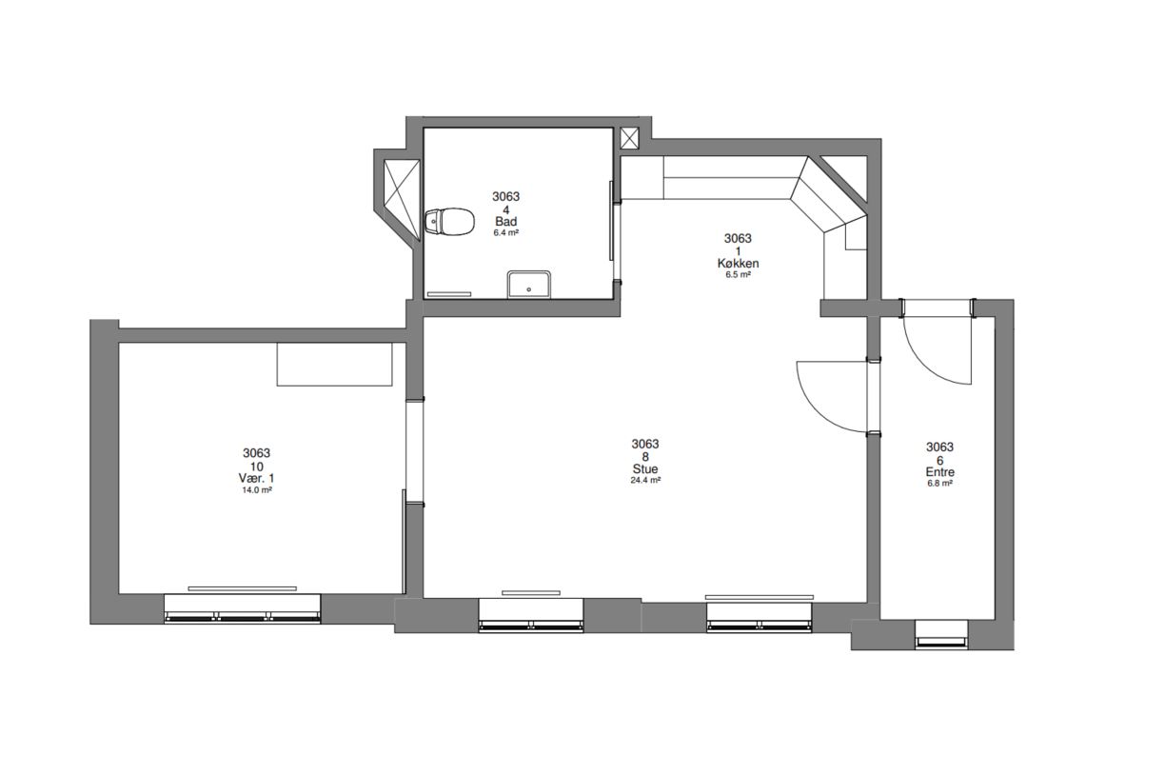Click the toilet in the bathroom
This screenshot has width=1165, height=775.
pyautogui.click(x=450, y=222)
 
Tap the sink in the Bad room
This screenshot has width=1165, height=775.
pyautogui.click(x=529, y=285)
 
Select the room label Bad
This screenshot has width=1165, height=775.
pyautogui.click(x=506, y=222)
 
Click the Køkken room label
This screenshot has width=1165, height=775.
pyautogui.click(x=738, y=264)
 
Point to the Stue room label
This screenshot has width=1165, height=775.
pyautogui.click(x=645, y=469)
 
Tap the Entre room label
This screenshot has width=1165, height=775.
pyautogui.click(x=939, y=472)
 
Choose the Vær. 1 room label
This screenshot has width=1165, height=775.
pyautogui.click(x=256, y=479)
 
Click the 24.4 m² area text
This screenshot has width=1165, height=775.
pyautogui.click(x=645, y=481)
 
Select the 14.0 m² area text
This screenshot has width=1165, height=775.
pyautogui.click(x=257, y=490)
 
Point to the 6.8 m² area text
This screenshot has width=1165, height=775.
pyautogui.click(x=939, y=484)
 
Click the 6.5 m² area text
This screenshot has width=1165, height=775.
pyautogui.click(x=738, y=274)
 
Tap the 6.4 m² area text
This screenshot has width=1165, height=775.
pyautogui.click(x=506, y=233)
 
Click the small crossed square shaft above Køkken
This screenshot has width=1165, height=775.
pyautogui.click(x=629, y=138)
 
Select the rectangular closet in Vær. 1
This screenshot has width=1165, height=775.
pyautogui.click(x=334, y=364)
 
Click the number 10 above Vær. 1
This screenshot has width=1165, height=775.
pyautogui.click(x=256, y=467)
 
